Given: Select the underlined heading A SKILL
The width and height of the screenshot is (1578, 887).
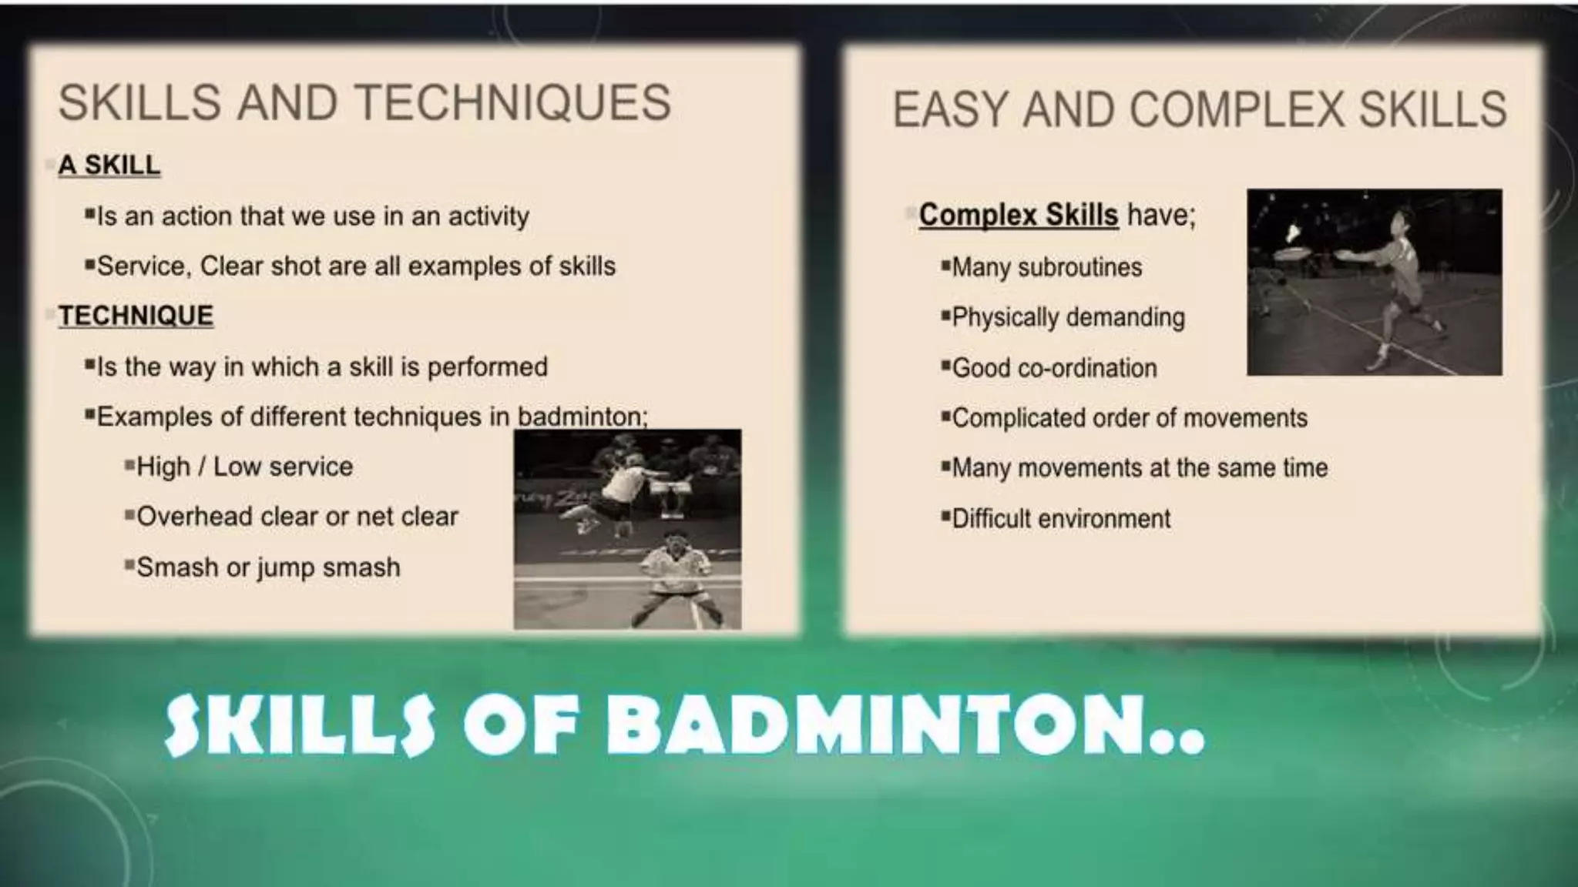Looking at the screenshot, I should coord(109,165).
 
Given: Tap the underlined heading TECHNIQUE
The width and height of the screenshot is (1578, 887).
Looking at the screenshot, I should coord(136,316).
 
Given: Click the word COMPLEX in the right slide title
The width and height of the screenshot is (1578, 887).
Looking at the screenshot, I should coord(1239,109).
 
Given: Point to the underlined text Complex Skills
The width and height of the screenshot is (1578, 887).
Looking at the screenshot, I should coord(1018,215).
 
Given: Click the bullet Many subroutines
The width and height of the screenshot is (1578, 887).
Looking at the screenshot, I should coord(1046,267).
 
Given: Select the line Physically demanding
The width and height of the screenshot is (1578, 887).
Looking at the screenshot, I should coord(1067,317).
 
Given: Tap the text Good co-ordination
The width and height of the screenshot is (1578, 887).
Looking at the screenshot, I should coord(1053,368).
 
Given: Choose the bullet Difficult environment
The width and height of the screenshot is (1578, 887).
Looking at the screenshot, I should coord(1060,519).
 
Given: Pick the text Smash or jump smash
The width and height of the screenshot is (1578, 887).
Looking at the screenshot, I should coord(267,567).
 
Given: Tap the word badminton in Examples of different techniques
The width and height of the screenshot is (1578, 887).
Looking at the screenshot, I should coord(581,417).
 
